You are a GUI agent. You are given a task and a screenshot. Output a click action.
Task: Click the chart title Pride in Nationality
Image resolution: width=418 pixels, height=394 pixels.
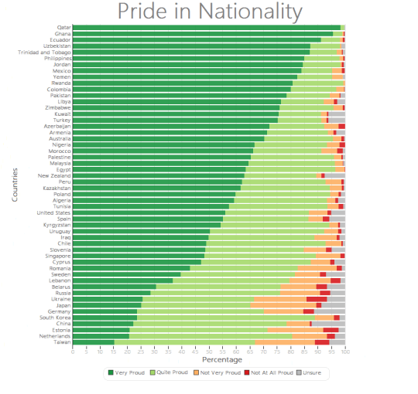pos(209,12)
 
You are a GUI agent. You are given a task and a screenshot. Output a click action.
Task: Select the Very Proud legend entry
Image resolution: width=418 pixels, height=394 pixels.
pos(127,372)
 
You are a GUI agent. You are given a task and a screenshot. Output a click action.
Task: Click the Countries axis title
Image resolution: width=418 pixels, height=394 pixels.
pos(15,185)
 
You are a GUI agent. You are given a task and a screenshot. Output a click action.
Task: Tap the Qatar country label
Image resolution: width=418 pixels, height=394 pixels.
pos(64,27)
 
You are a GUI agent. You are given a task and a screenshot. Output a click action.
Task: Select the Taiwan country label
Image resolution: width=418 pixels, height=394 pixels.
pos(63,342)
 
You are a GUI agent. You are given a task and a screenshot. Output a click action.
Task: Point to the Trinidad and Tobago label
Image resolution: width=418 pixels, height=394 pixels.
pos(45,52)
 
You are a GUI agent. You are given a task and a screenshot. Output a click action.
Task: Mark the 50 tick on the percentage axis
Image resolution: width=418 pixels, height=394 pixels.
pos(209,351)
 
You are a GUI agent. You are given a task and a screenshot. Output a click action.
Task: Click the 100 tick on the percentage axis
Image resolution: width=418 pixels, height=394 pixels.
pos(345,351)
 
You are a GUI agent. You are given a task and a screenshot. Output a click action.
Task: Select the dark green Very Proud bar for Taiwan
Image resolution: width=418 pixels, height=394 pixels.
pos(93,342)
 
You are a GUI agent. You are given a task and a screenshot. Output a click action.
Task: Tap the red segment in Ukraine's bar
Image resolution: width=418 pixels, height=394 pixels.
pos(317,299)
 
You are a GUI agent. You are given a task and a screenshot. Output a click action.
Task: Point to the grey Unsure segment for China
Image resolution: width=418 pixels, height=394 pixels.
pos(328,324)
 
